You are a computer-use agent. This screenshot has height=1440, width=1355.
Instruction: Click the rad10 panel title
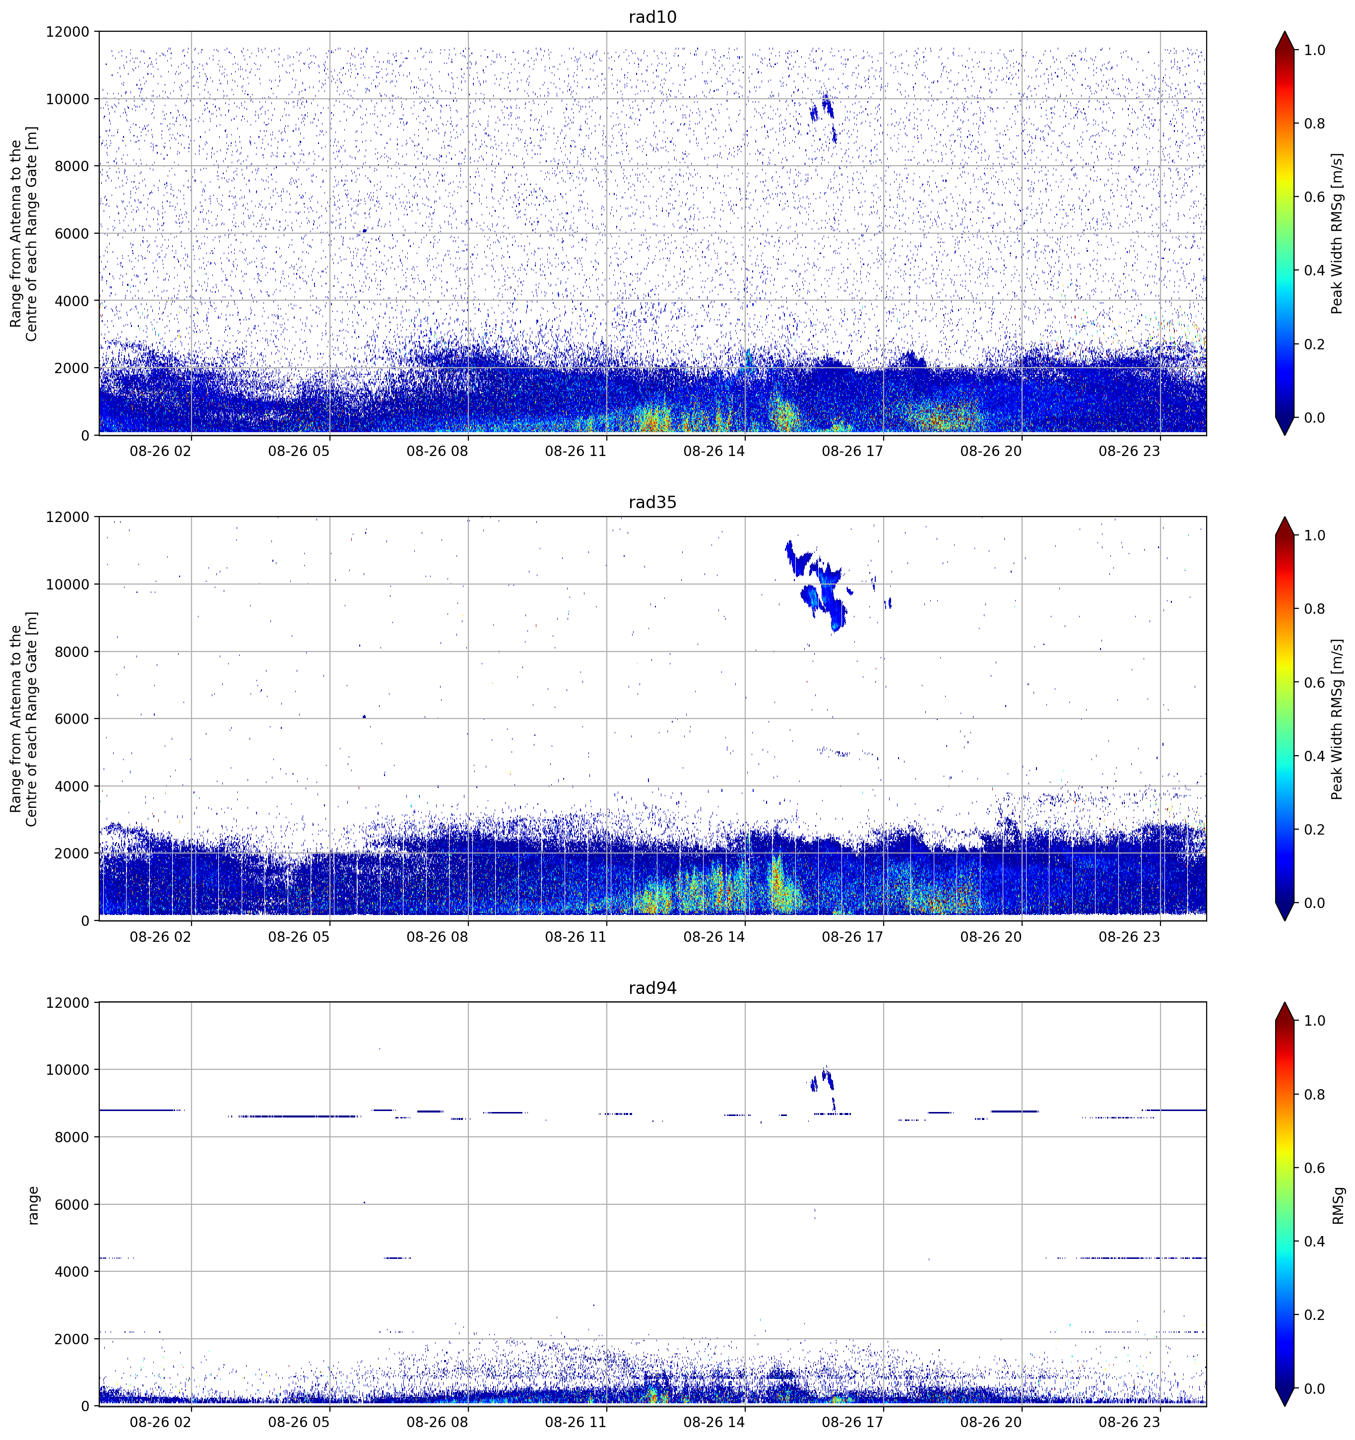pyautogui.click(x=652, y=17)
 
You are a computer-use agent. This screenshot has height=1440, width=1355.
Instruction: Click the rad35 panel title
pyautogui.click(x=652, y=502)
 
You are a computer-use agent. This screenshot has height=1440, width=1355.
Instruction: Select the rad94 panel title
pyautogui.click(x=652, y=988)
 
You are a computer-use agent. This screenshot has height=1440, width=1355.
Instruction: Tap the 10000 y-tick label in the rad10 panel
pyautogui.click(x=68, y=99)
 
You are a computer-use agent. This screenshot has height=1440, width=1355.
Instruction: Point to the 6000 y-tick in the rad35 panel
pyautogui.click(x=72, y=719)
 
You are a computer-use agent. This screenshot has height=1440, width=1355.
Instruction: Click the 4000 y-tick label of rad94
pyautogui.click(x=72, y=1272)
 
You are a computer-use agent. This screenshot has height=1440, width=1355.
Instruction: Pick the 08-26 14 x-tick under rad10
pyautogui.click(x=713, y=451)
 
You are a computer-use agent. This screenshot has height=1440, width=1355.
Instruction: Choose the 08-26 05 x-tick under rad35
pyautogui.click(x=298, y=936)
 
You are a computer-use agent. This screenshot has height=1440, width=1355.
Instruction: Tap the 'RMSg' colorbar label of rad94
pyautogui.click(x=1338, y=1205)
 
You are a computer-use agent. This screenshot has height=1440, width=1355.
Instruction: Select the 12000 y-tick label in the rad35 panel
pyautogui.click(x=68, y=517)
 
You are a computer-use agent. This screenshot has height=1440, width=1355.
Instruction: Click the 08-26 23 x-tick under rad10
pyautogui.click(x=1129, y=451)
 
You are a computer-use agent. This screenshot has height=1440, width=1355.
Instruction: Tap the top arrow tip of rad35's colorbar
pyautogui.click(x=1284, y=517)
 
